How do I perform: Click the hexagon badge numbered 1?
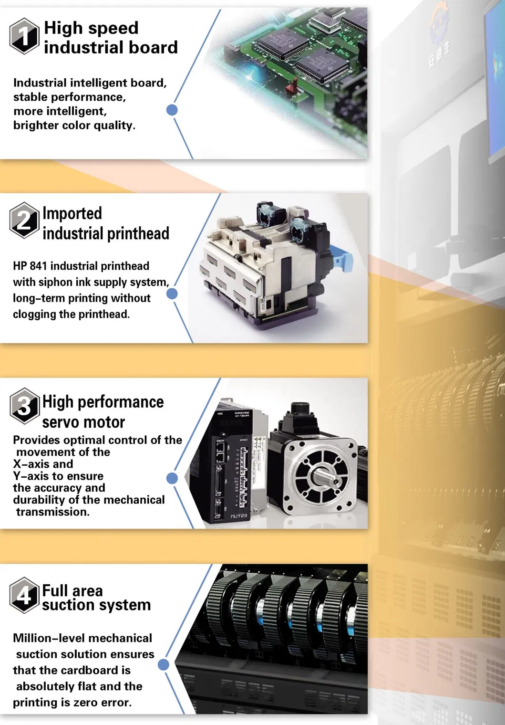(25, 36)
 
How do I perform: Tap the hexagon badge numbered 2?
(25, 221)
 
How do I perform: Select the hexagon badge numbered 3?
(25, 406)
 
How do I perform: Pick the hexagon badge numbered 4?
(25, 595)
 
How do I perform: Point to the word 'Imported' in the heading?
(72, 213)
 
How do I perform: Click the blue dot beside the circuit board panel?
(172, 110)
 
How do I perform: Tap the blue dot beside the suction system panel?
(164, 665)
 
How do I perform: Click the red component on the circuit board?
(294, 86)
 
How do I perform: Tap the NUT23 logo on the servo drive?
(239, 515)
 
